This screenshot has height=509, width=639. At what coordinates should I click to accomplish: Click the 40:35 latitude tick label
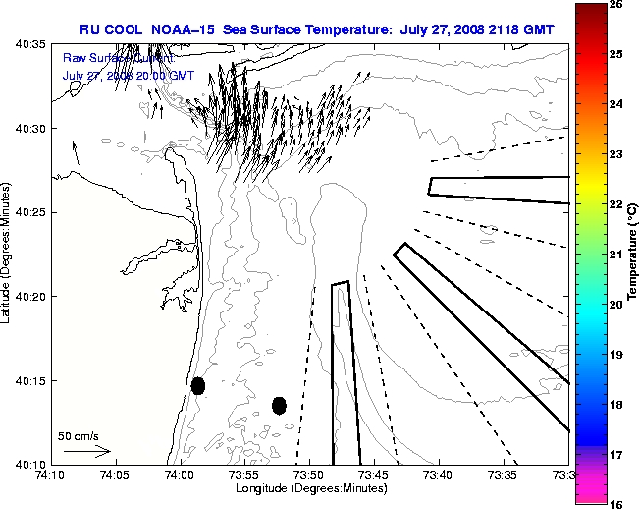[32, 44]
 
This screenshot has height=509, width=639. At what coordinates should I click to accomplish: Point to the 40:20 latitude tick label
[32, 296]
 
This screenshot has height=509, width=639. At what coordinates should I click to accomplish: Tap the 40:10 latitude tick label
[32, 464]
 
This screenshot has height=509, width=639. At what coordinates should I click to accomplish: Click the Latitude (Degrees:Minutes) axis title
[8, 254]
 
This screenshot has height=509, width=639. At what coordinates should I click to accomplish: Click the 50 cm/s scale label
[79, 435]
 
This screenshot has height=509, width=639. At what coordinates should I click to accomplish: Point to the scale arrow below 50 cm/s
[86, 451]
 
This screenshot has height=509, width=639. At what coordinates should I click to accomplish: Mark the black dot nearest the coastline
[198, 385]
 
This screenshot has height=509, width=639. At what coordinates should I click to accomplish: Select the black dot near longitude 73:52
[279, 405]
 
